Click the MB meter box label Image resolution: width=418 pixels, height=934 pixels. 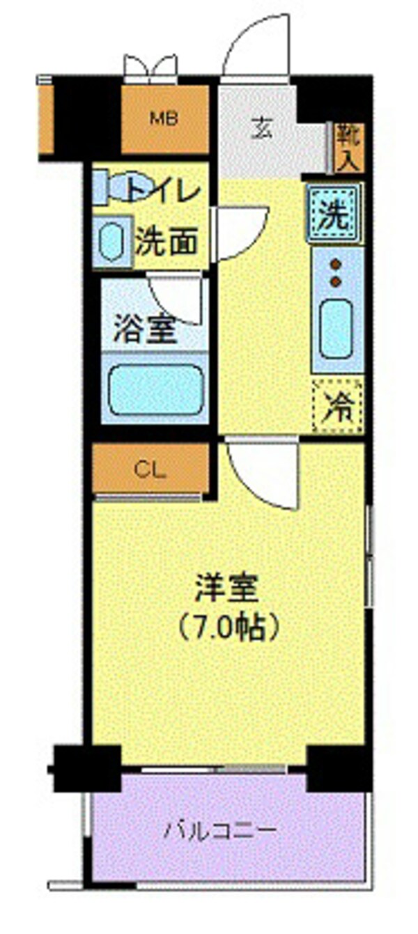tap(165, 118)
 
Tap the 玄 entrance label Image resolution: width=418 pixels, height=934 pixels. tap(261, 130)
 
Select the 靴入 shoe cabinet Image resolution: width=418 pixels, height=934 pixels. tap(348, 148)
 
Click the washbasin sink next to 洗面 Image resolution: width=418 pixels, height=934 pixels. tap(111, 240)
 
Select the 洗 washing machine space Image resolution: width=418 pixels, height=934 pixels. tap(335, 213)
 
